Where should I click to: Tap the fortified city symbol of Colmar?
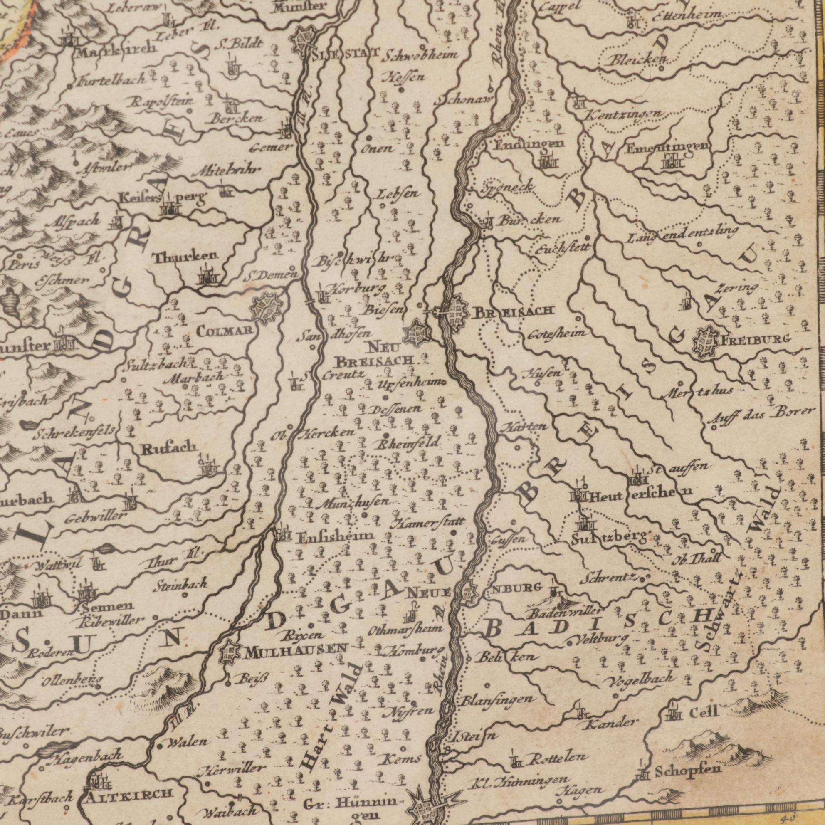coord(268,309)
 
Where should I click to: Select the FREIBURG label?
coord(756,340)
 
